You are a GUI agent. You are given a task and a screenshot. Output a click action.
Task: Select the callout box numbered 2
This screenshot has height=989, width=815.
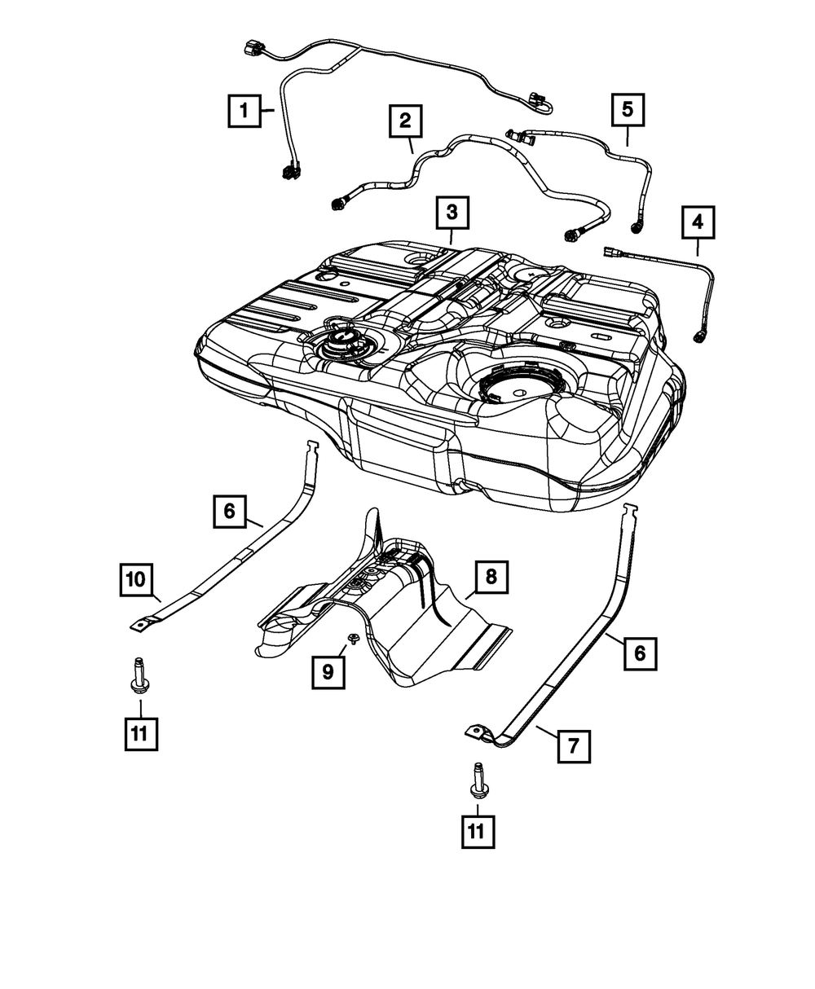pyautogui.click(x=405, y=121)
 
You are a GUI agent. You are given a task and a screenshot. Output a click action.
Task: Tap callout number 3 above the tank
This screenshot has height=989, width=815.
pyautogui.click(x=452, y=213)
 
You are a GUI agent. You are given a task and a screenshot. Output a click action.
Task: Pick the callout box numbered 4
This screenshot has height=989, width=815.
pyautogui.click(x=698, y=221)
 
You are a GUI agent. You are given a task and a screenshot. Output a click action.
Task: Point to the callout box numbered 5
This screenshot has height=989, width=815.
pyautogui.click(x=628, y=108)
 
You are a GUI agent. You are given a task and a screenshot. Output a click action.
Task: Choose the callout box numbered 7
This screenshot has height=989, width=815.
pyautogui.click(x=574, y=745)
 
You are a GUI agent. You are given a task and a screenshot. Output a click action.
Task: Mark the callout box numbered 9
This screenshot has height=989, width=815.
pyautogui.click(x=328, y=670)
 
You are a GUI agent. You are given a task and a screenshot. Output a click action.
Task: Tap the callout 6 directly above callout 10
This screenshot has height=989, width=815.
pyautogui.click(x=230, y=511)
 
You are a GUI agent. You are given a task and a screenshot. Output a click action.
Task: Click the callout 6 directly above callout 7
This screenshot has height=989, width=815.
pyautogui.click(x=641, y=653)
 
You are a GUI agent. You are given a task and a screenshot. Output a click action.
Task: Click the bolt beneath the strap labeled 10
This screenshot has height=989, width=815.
pyautogui.click(x=139, y=677)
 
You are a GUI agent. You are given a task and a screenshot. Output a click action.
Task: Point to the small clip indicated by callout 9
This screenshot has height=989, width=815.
pyautogui.click(x=353, y=638)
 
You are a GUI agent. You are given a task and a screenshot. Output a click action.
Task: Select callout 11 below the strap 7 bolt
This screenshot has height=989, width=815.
pyautogui.click(x=478, y=831)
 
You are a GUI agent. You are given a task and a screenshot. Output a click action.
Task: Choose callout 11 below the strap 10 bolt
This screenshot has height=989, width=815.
pyautogui.click(x=140, y=733)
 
